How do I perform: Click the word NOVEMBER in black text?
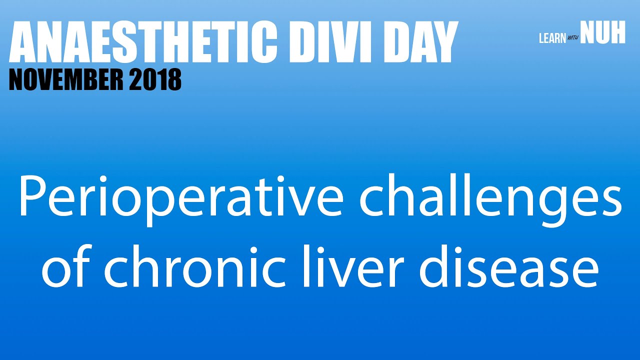pyautogui.click(x=65, y=79)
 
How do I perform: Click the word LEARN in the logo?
pyautogui.click(x=552, y=38)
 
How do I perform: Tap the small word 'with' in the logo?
pyautogui.click(x=573, y=39)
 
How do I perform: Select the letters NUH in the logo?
pyautogui.click(x=603, y=34)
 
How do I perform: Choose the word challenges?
pyautogui.click(x=490, y=198)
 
